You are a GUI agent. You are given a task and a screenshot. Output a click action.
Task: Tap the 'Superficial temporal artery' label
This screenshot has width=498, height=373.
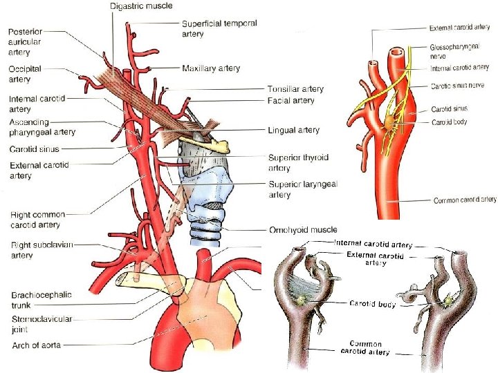tap(219, 28)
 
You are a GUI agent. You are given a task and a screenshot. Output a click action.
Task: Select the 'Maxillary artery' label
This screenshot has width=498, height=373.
tap(211, 68)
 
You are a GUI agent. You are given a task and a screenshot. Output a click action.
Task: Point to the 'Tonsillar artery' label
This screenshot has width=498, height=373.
tap(295, 89)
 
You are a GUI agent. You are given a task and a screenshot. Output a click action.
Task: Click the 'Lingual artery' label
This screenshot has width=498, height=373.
tap(293, 130)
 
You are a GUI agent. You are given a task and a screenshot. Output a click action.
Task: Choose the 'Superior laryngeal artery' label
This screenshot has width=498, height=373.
tap(302, 189)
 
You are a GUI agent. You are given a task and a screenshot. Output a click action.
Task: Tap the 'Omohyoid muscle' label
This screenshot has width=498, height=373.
tap(303, 229)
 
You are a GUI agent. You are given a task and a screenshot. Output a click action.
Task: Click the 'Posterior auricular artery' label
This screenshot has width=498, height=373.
tap(25, 41)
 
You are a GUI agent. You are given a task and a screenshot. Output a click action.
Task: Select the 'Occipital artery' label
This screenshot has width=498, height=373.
tap(25, 75)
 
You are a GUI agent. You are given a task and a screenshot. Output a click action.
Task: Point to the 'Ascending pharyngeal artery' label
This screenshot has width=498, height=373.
tap(42, 127)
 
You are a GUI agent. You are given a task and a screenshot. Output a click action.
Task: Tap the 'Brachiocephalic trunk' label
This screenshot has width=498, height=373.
tap(41, 299)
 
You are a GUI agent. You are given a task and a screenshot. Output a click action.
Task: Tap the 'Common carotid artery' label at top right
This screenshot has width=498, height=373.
tap(465, 200)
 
